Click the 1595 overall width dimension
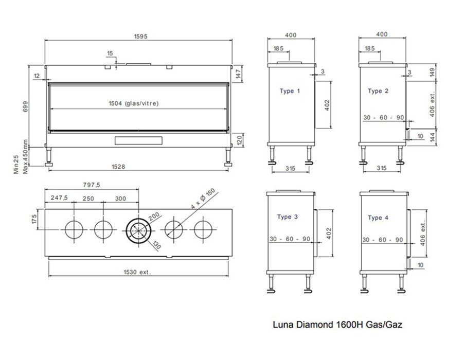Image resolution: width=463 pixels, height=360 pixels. pyautogui.click(x=139, y=36)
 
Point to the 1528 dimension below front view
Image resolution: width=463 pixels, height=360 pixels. pyautogui.click(x=119, y=167)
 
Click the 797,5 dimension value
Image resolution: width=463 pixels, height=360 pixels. pyautogui.click(x=91, y=185)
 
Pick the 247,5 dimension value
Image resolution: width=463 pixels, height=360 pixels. pyautogui.click(x=59, y=198)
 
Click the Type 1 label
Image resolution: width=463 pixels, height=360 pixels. pyautogui.click(x=290, y=91)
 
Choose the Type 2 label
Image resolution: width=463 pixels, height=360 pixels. pyautogui.click(x=378, y=91)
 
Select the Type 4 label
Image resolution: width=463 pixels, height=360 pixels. pyautogui.click(x=378, y=218)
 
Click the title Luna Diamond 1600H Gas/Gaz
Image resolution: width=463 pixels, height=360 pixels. pyautogui.click(x=337, y=325)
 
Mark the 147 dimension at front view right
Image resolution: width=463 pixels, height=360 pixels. pyautogui.click(x=238, y=74)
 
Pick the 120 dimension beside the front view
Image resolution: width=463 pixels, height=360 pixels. pyautogui.click(x=238, y=139)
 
